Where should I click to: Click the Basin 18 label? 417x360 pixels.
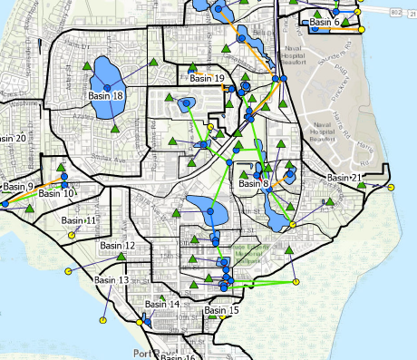point(106,95)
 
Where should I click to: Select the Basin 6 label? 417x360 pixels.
point(324,22)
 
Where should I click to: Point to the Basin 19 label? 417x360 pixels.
point(208,79)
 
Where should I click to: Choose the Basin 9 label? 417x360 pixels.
point(17,187)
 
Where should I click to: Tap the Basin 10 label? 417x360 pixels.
point(56,193)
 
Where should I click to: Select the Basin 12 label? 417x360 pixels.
point(117,246)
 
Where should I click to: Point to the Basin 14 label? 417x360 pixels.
point(161,305)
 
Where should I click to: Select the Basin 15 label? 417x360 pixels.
point(221,311)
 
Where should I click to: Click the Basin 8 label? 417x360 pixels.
point(254,184)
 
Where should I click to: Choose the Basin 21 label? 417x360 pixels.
point(344,178)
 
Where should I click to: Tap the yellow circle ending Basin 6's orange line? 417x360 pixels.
point(362,30)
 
